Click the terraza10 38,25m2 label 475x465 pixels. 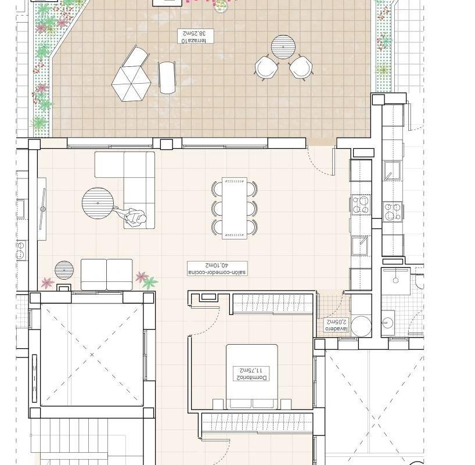pyautogui.click(x=195, y=37)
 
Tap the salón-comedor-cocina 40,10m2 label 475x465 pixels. pyautogui.click(x=217, y=269)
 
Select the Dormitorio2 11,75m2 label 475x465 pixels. pyautogui.click(x=251, y=374)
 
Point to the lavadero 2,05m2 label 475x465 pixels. pyautogui.click(x=337, y=325)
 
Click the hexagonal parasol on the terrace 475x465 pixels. pyautogui.click(x=131, y=84)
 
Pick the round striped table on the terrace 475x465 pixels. pyautogui.click(x=283, y=47)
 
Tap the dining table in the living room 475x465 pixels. pyautogui.click(x=235, y=209)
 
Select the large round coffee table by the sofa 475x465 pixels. pyautogui.click(x=98, y=203)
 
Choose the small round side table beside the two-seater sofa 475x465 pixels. pyautogui.click(x=64, y=270)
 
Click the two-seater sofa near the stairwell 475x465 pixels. pyautogui.click(x=107, y=274)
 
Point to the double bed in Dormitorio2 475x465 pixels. pyautogui.click(x=252, y=377)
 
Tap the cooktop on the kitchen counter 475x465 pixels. pyautogui.click(x=361, y=204)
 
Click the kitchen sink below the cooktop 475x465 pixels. pyautogui.click(x=360, y=246)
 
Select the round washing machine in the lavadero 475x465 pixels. pyautogui.click(x=361, y=327)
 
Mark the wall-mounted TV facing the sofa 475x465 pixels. pyautogui.click(x=43, y=209)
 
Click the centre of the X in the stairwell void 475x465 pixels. pyautogui.click(x=92, y=355)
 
